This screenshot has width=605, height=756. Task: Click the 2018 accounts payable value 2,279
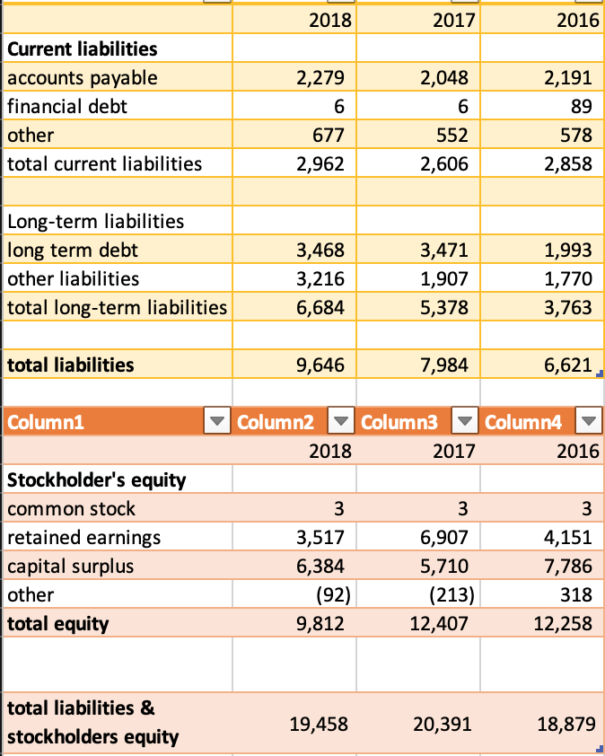point(320,78)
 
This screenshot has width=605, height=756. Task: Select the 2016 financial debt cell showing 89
point(581,107)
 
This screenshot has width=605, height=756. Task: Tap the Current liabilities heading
point(83,48)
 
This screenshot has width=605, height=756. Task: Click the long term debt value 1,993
point(568,250)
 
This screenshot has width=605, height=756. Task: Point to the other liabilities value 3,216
point(320,278)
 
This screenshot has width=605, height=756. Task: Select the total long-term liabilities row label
point(117,308)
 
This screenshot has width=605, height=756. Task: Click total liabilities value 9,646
point(320,365)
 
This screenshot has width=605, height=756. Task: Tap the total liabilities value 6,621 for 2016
point(568,365)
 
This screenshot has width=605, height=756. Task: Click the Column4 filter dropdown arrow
point(587,421)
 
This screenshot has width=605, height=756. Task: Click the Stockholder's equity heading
point(97,479)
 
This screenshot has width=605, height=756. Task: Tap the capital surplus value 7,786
point(568,567)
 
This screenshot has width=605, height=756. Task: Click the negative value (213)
point(453,595)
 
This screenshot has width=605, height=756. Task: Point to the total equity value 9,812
point(320,624)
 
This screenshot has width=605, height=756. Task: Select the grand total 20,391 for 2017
point(440,724)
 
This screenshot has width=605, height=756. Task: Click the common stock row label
point(72,509)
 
